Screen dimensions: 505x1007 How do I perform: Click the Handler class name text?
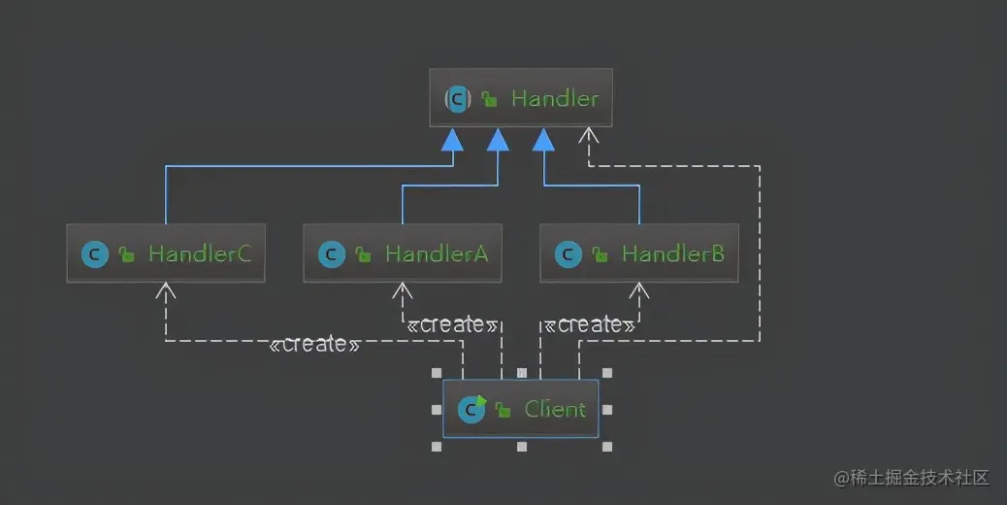click(x=555, y=98)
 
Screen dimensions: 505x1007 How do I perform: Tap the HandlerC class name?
click(x=200, y=254)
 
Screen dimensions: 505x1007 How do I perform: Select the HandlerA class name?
click(x=437, y=254)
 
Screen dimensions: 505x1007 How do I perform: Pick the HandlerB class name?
click(x=673, y=254)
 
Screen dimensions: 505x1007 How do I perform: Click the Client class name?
click(x=555, y=409)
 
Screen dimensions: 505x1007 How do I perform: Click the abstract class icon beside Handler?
click(x=458, y=98)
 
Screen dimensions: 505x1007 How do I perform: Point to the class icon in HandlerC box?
click(x=94, y=254)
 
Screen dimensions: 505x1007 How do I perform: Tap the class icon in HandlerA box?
click(x=331, y=254)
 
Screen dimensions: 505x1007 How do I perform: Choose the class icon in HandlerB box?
click(x=568, y=254)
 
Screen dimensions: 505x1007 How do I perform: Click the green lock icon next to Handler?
click(x=490, y=99)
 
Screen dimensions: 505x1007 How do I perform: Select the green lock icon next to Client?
click(x=503, y=410)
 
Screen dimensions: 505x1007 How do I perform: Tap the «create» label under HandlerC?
click(x=315, y=345)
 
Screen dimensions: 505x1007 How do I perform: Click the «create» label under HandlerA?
click(x=452, y=324)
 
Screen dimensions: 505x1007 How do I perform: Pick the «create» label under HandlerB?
click(x=589, y=324)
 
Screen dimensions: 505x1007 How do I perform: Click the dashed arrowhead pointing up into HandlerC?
click(x=166, y=289)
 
